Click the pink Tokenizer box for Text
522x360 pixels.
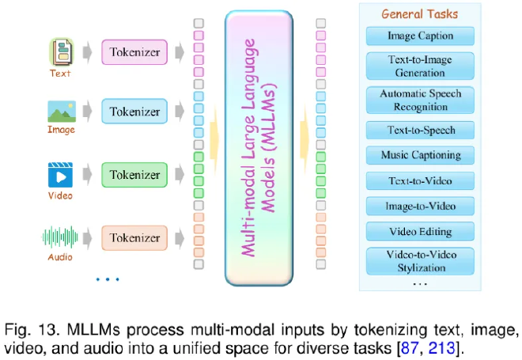point(134,53)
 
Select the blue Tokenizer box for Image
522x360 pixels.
point(134,112)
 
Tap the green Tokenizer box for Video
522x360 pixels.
point(134,175)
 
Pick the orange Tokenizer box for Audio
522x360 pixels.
point(134,237)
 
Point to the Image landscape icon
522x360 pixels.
point(61,111)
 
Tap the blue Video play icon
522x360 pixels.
point(61,174)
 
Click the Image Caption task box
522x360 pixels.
point(420,36)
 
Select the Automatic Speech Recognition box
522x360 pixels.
point(420,99)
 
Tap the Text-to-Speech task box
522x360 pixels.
point(420,130)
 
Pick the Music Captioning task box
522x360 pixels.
point(420,155)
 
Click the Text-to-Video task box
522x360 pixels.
point(420,180)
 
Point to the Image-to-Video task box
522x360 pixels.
point(420,206)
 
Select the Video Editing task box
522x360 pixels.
point(420,232)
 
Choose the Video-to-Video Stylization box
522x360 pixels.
point(420,261)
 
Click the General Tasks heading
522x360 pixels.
point(420,13)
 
